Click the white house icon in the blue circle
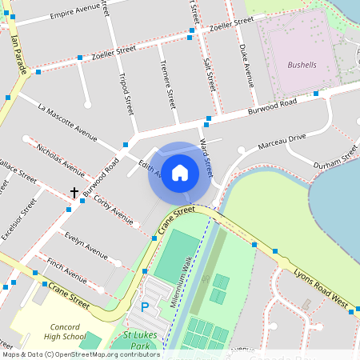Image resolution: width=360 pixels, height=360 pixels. (180, 172)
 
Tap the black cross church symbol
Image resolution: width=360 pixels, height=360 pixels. (74, 193)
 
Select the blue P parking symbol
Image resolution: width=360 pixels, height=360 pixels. (145, 306)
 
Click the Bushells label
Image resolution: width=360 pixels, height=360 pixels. (302, 63)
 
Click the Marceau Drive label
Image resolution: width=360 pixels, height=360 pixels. (281, 142)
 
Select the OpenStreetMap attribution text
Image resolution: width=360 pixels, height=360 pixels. (80, 354)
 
